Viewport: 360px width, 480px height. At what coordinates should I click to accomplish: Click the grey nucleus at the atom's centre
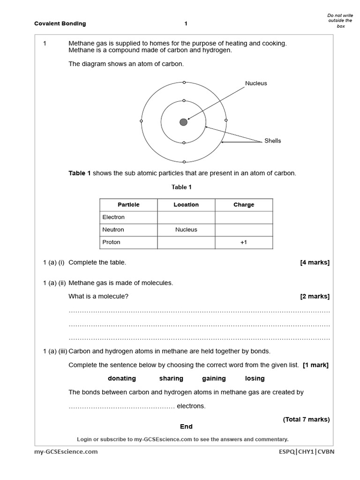click(183, 122)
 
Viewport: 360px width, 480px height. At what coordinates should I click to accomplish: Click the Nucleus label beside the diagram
click(256, 83)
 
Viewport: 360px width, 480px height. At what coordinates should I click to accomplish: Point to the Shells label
click(273, 141)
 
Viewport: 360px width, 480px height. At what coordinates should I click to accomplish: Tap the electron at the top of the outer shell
click(184, 82)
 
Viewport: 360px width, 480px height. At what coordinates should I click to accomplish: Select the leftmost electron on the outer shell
click(141, 121)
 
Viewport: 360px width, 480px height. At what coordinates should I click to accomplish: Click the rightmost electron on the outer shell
click(226, 120)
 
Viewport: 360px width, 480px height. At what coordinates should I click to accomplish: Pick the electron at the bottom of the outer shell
click(184, 161)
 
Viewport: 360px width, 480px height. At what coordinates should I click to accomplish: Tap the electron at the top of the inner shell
click(184, 101)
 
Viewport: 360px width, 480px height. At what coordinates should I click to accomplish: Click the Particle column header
click(128, 205)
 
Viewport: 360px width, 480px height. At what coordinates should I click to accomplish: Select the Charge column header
click(244, 205)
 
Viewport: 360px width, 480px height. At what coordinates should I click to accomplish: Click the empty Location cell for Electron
click(186, 217)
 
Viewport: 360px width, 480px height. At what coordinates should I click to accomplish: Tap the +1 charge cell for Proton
click(244, 242)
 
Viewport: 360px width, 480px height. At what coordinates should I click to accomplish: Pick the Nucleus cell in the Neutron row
click(186, 230)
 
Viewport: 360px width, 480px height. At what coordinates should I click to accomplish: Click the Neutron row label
click(113, 230)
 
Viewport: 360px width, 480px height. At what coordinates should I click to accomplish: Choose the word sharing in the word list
click(171, 378)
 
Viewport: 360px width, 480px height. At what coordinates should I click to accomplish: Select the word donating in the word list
click(122, 378)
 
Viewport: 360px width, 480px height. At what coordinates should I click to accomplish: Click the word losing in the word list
click(255, 378)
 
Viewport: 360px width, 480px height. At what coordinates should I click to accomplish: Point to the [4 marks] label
click(315, 262)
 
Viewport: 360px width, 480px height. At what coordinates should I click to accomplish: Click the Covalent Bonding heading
click(60, 23)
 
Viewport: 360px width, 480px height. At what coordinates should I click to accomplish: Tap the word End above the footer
click(186, 427)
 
